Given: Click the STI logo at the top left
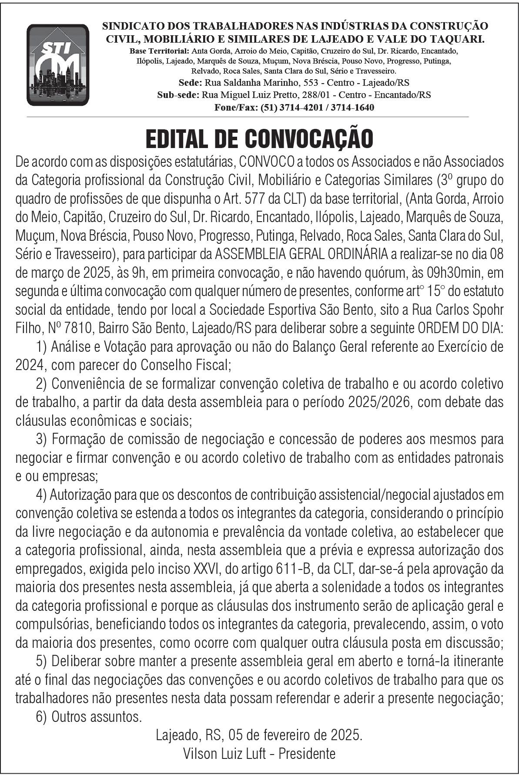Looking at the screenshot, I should click(x=57, y=64).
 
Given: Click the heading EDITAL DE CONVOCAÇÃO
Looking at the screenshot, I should click(x=259, y=138).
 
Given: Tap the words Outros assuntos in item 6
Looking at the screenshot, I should click(x=97, y=716).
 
